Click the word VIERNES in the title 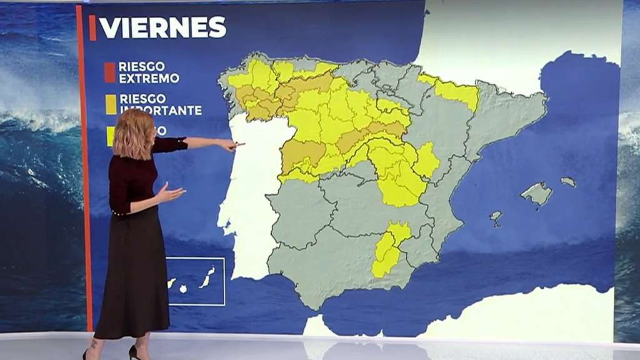coord(162,27)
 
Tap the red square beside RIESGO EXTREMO coord(110,72)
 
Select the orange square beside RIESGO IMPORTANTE coord(111,104)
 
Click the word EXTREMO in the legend coord(149,79)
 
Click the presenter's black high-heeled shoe coord(133,352)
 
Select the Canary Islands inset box coord(196,281)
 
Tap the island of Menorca coord(568,182)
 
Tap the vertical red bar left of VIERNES coord(92,27)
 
